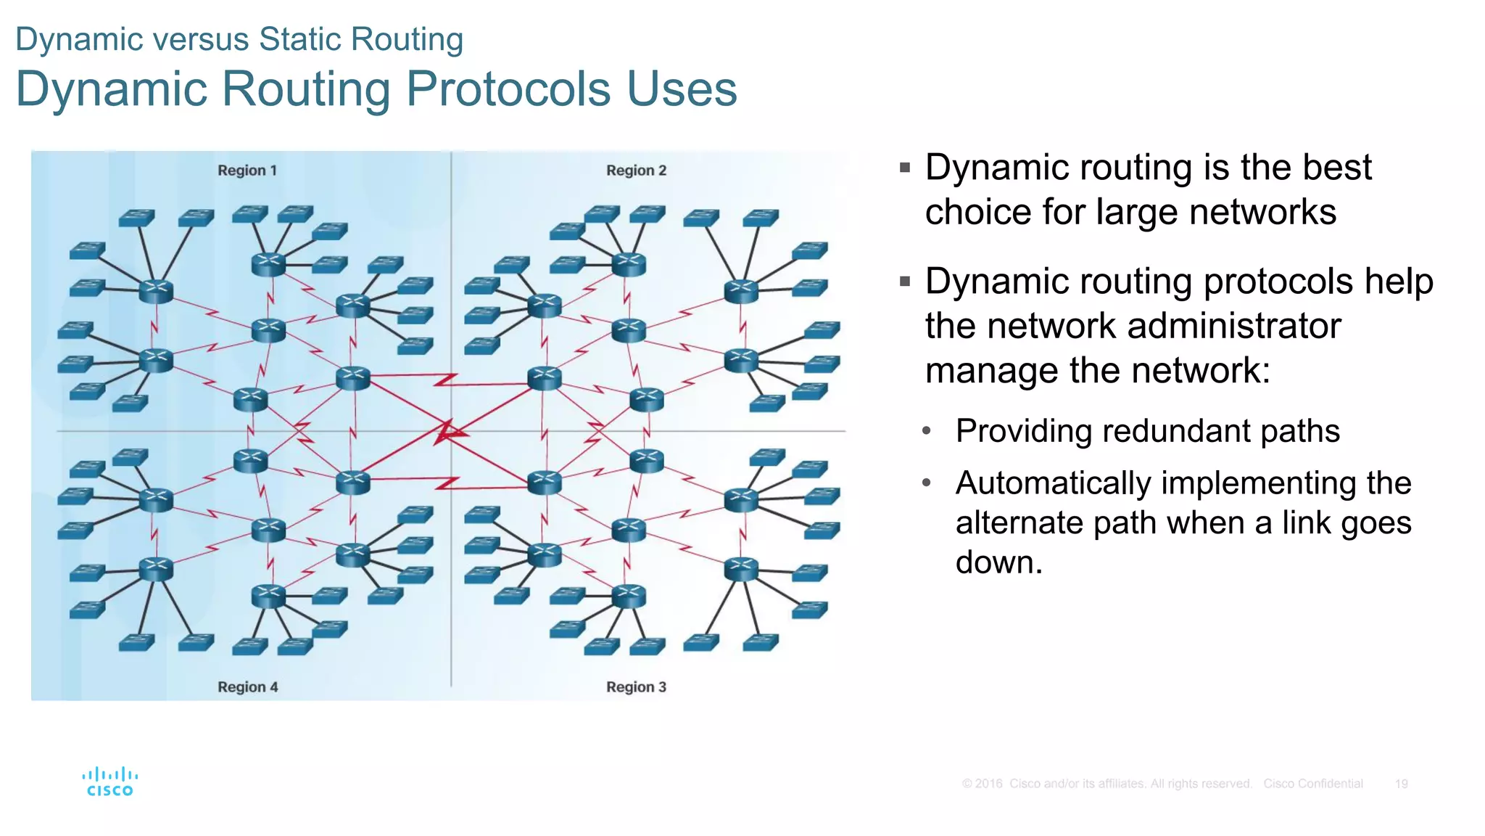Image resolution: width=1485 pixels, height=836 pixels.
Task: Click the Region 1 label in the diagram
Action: [x=247, y=171]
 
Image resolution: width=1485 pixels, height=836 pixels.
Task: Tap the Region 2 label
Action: [x=636, y=171]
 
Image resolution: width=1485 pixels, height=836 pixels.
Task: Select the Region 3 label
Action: [x=636, y=687]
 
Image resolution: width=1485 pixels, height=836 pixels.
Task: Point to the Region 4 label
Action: [x=247, y=687]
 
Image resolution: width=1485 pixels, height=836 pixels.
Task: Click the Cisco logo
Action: [x=109, y=782]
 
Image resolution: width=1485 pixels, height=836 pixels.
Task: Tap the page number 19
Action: [x=1401, y=784]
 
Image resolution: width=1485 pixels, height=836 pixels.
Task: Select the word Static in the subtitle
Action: [x=301, y=39]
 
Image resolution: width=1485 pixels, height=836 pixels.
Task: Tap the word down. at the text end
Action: [x=998, y=562]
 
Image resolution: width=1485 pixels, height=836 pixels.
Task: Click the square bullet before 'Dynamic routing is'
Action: [x=904, y=168]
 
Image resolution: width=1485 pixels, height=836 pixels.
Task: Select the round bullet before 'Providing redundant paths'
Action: [x=926, y=431]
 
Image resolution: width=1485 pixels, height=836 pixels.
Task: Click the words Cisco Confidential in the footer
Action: [x=1312, y=784]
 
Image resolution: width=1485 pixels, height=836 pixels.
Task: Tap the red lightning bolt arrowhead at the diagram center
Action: [x=445, y=433]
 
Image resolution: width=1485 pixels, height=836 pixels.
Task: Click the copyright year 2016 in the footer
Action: [x=988, y=784]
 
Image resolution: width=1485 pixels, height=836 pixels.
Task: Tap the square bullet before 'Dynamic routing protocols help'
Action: [x=904, y=282]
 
